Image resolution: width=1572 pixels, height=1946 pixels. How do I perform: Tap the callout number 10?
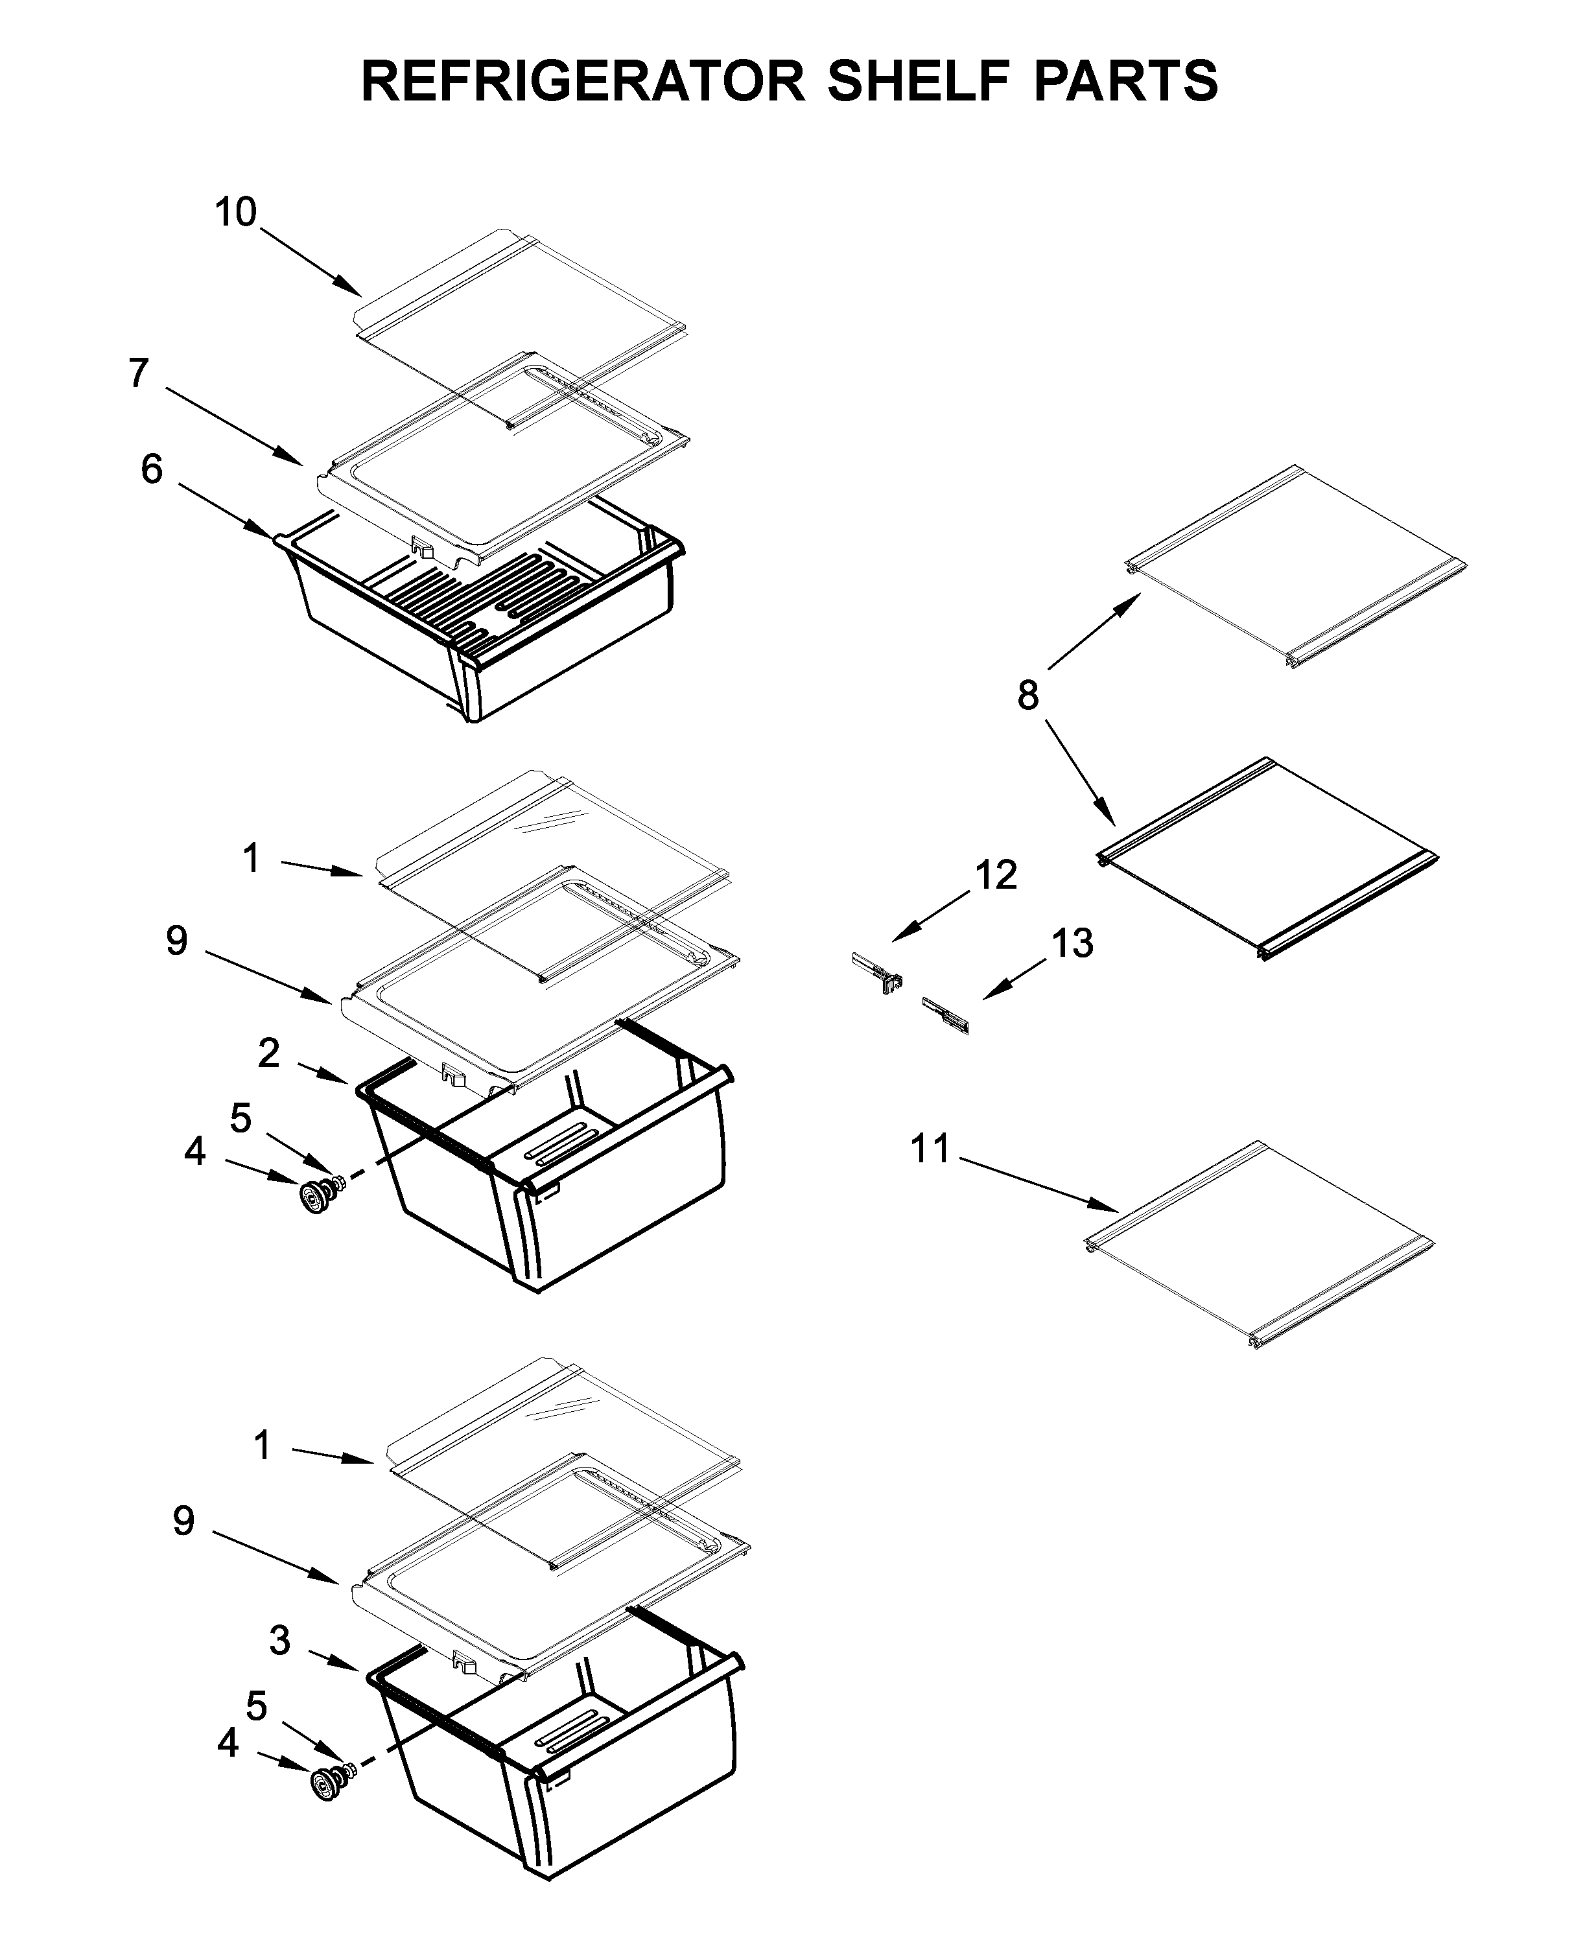coord(235,214)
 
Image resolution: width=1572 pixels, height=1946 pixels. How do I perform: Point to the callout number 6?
coord(151,470)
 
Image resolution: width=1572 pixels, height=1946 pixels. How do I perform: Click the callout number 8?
coord(1027,696)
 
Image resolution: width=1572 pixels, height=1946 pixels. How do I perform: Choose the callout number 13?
coord(1072,944)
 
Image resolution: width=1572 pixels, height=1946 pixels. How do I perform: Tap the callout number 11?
coord(930,1149)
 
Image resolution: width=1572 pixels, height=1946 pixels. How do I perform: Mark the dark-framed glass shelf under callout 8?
coord(1268,856)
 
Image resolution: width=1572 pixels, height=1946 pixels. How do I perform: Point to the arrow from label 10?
coord(312,263)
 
